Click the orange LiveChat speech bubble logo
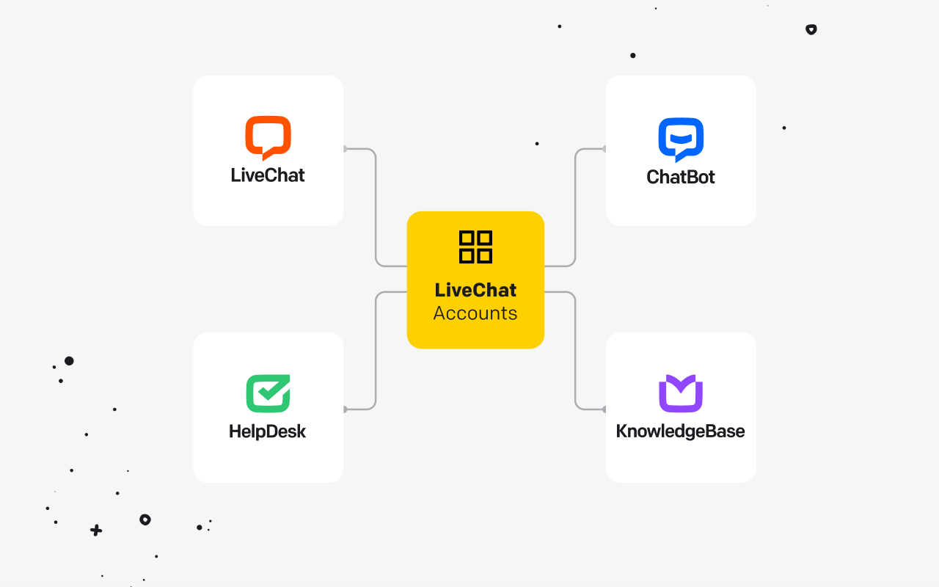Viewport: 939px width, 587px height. [x=268, y=137]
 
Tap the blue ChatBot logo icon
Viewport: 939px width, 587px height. [x=681, y=139]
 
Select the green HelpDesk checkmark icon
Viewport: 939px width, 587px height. [x=268, y=393]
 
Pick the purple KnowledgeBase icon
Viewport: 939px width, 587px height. [x=681, y=393]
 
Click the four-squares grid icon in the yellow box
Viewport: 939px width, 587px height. [x=476, y=247]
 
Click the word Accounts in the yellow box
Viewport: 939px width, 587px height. [x=475, y=313]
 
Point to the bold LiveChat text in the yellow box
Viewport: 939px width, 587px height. [x=475, y=290]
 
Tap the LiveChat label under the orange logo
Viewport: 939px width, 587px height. [x=268, y=175]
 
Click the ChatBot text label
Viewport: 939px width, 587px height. [x=680, y=177]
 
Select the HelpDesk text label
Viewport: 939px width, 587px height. [x=268, y=431]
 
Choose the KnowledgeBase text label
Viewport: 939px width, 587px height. [x=680, y=431]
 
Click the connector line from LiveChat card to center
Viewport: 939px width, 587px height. [x=376, y=208]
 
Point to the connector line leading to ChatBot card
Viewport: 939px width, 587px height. [x=575, y=208]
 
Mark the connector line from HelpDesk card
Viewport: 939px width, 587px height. [x=376, y=350]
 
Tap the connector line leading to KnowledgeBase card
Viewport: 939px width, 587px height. [x=575, y=350]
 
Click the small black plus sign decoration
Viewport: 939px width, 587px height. [x=96, y=531]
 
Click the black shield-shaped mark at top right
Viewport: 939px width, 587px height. [x=811, y=29]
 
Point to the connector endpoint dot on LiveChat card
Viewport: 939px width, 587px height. [x=345, y=149]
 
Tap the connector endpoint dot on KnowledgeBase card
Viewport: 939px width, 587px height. [x=604, y=409]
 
